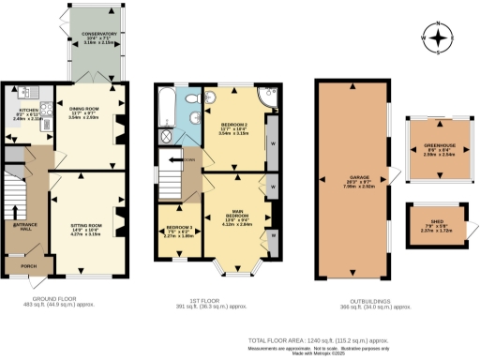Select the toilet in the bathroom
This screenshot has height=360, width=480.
190,98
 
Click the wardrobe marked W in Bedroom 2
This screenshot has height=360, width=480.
272,143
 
